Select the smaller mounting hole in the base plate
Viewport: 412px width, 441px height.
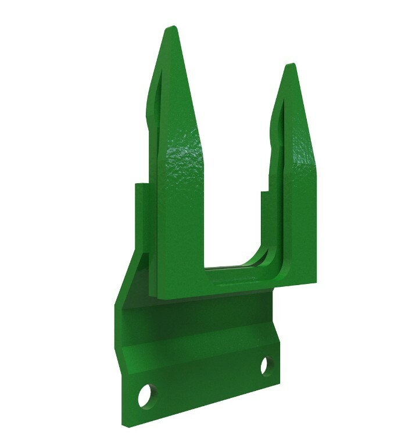tap(267, 366)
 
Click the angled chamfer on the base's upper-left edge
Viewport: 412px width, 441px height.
tap(129, 279)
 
